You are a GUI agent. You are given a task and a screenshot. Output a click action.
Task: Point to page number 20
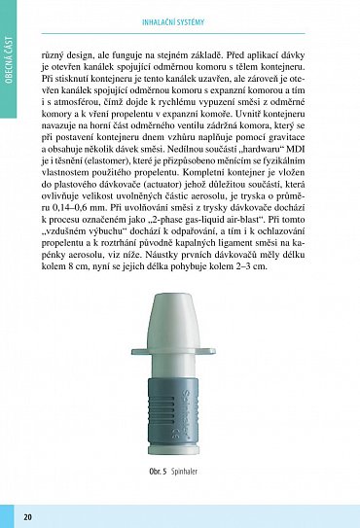click(x=27, y=515)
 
